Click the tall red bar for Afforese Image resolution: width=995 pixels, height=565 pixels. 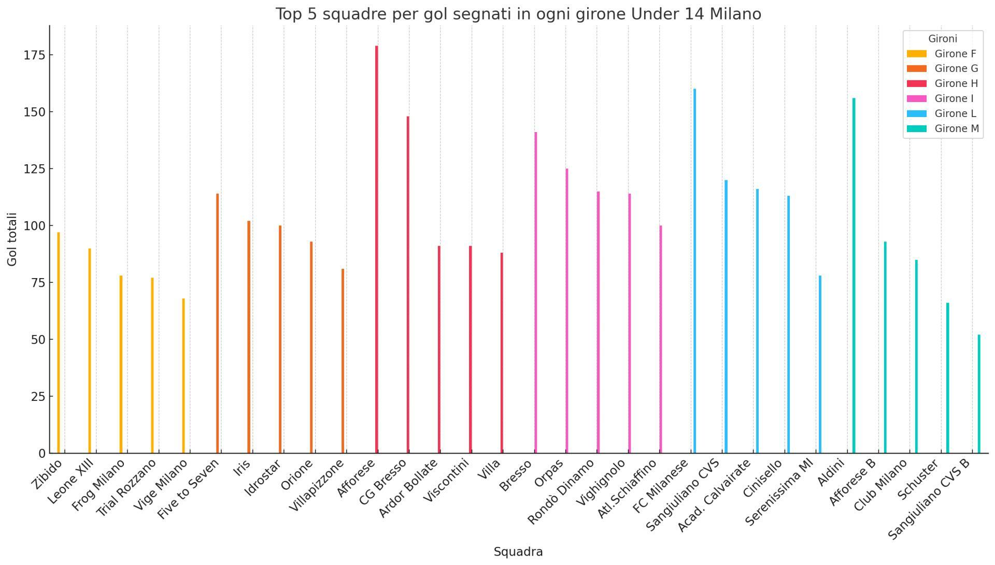pos(377,249)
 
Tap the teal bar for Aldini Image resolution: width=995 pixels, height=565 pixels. pos(854,275)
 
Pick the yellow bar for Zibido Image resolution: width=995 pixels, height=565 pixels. pos(59,342)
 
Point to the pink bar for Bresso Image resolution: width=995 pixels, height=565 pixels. pos(536,292)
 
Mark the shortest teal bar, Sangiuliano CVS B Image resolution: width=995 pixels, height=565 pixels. pos(979,394)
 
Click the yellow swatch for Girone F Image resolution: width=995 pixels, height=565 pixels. pos(916,54)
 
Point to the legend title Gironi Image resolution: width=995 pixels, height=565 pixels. pos(942,39)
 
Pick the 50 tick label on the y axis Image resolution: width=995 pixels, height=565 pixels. pos(38,339)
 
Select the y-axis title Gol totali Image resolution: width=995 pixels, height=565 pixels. pos(12,239)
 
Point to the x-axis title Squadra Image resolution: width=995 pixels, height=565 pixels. pos(518,552)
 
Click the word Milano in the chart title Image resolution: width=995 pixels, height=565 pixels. pos(735,14)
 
